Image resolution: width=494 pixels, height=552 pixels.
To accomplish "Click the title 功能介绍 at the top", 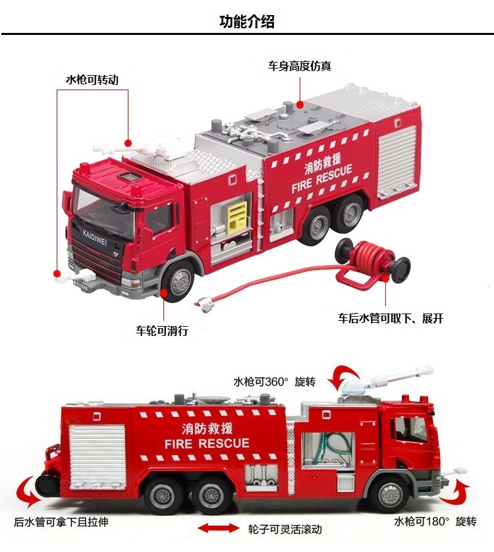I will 246,21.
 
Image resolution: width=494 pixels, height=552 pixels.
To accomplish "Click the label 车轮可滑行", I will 162,331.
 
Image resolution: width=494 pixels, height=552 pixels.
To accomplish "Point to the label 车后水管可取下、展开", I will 391,318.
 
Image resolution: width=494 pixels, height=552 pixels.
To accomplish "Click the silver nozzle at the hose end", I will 204,304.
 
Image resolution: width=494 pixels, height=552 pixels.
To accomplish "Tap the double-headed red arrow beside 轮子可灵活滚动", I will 219,528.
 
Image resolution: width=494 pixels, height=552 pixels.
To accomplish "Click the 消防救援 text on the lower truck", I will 207,428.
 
